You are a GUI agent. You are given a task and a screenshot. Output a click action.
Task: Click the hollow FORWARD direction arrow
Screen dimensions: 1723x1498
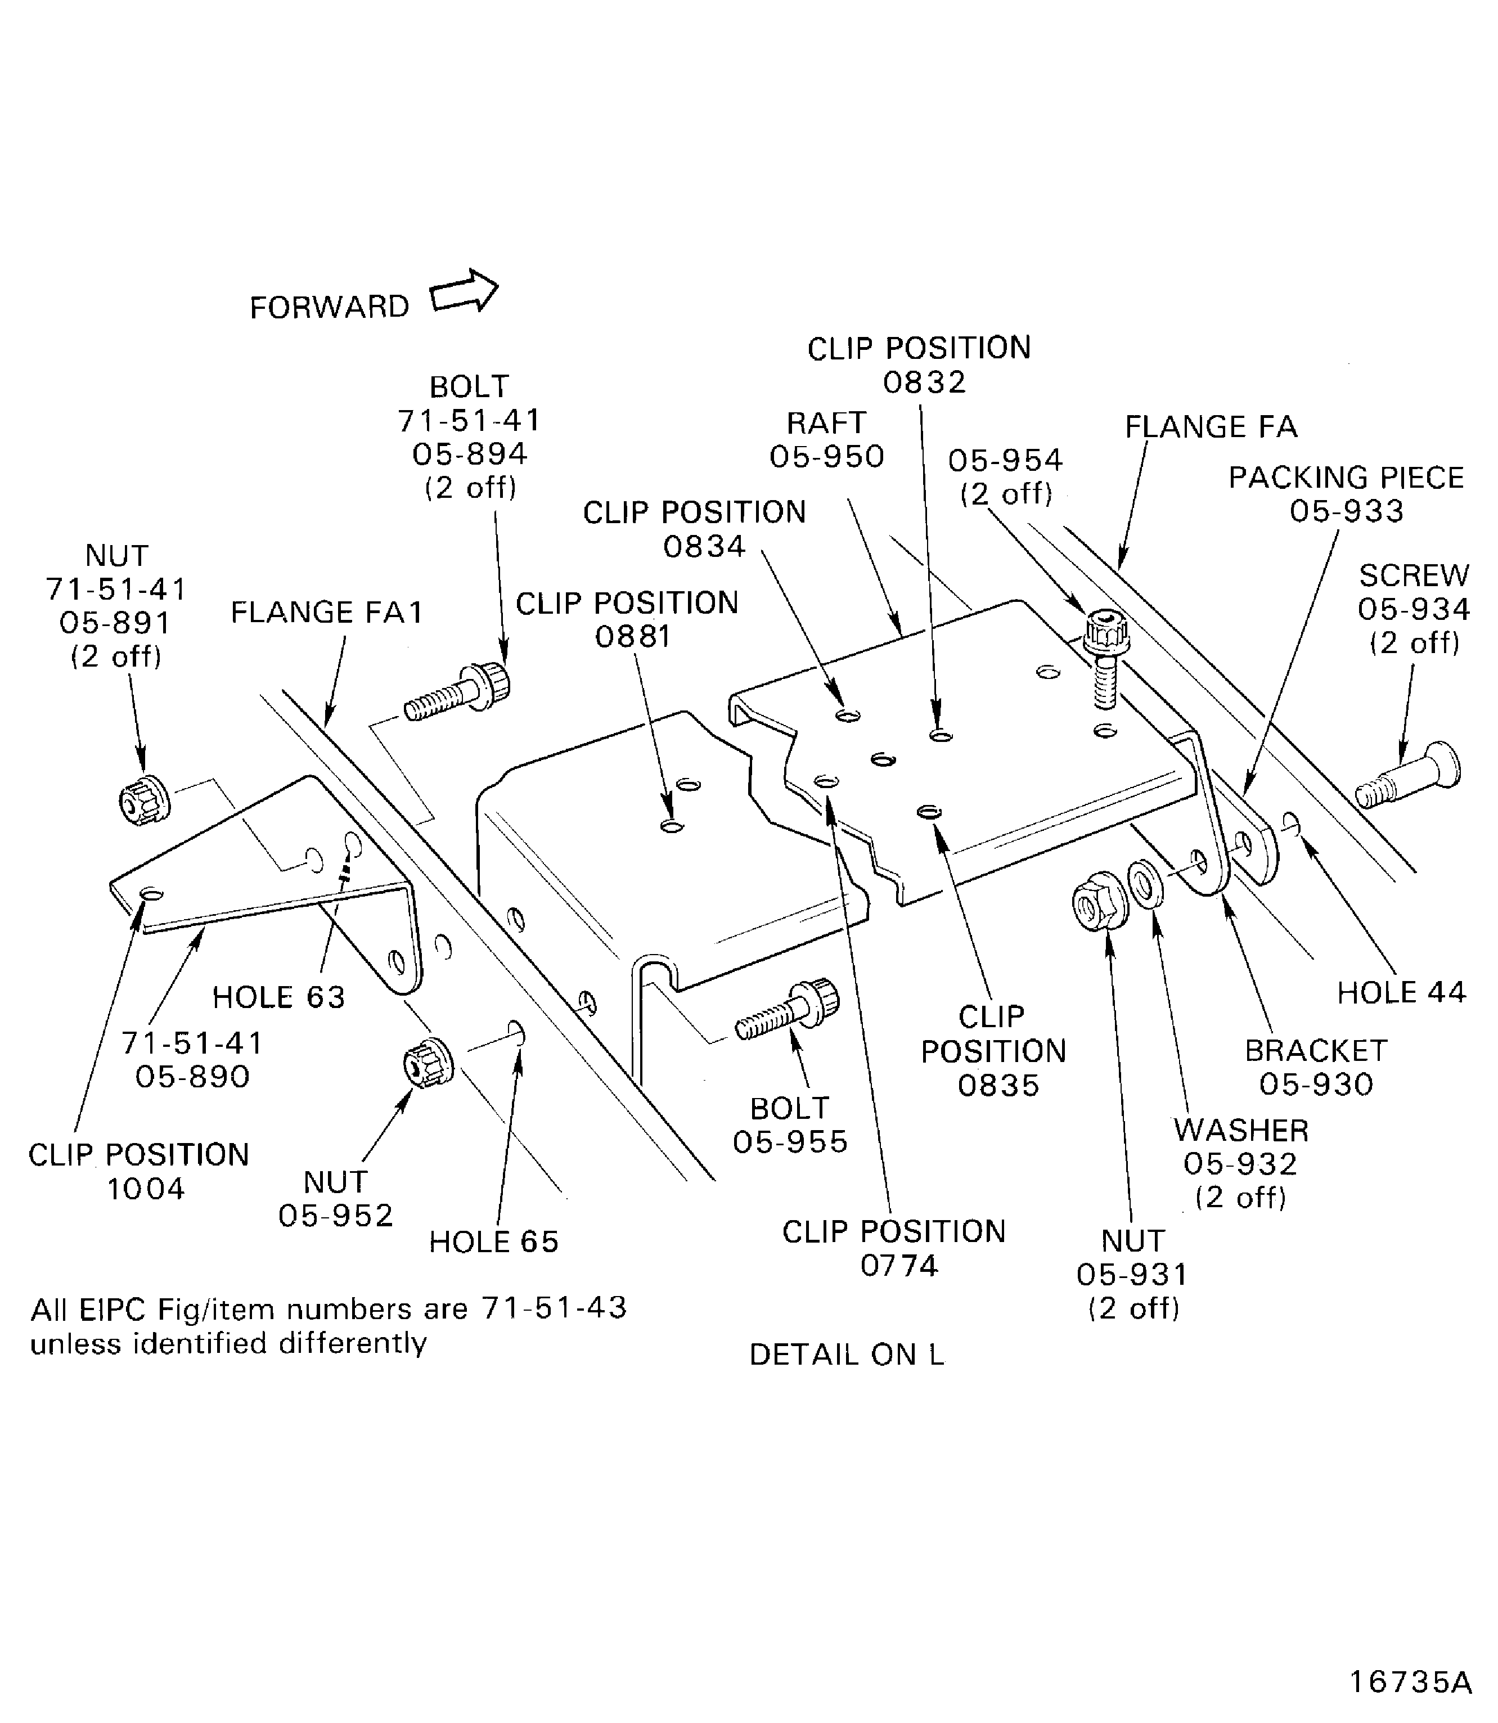click(x=465, y=293)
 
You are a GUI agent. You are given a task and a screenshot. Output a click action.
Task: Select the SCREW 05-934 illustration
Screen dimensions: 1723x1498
click(x=1409, y=775)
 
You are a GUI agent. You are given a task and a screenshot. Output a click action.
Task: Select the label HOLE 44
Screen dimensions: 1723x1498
click(x=1401, y=992)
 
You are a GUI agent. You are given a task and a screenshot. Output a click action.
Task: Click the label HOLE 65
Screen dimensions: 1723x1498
click(x=493, y=1241)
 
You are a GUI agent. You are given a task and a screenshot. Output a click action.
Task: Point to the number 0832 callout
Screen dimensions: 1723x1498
click(x=925, y=382)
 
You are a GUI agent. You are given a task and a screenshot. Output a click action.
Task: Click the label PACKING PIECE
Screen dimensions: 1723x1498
click(x=1346, y=478)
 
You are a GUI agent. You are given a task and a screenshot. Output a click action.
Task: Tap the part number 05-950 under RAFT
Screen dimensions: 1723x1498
click(x=827, y=456)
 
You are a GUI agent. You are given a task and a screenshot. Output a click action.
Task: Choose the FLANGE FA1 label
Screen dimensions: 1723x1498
click(x=327, y=612)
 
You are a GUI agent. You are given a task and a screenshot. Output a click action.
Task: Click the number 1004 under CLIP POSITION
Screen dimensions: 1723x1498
click(x=146, y=1188)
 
